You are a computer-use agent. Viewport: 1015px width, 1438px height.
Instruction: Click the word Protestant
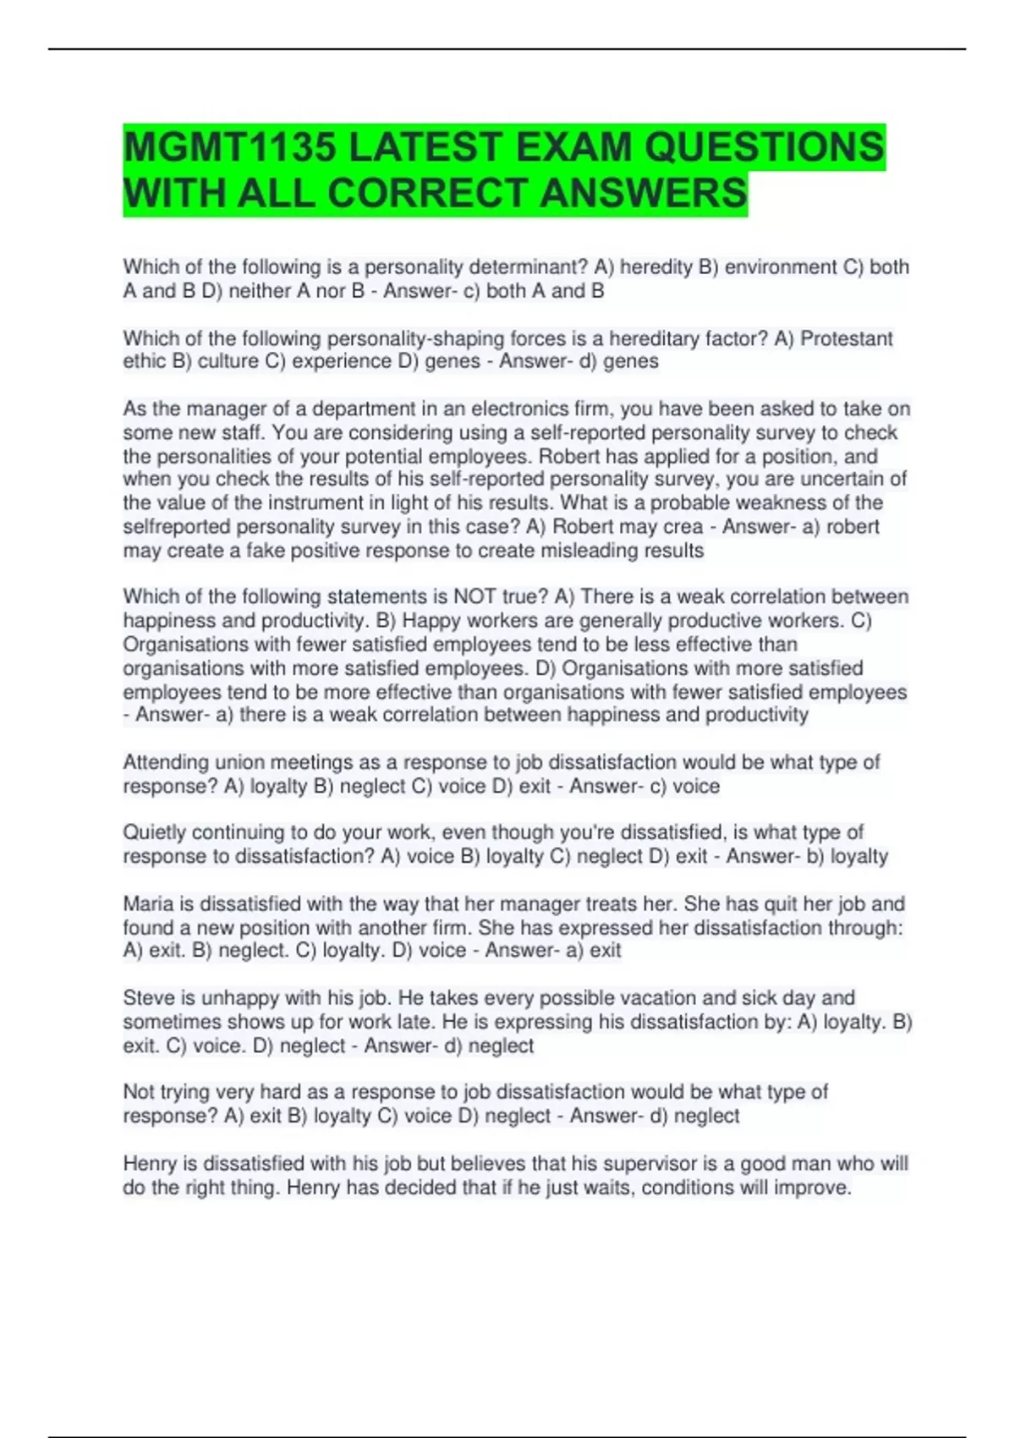click(846, 338)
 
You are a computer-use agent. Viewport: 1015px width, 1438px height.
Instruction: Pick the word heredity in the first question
click(656, 267)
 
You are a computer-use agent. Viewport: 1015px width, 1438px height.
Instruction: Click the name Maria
click(145, 904)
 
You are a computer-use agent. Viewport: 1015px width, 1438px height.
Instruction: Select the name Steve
click(146, 998)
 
